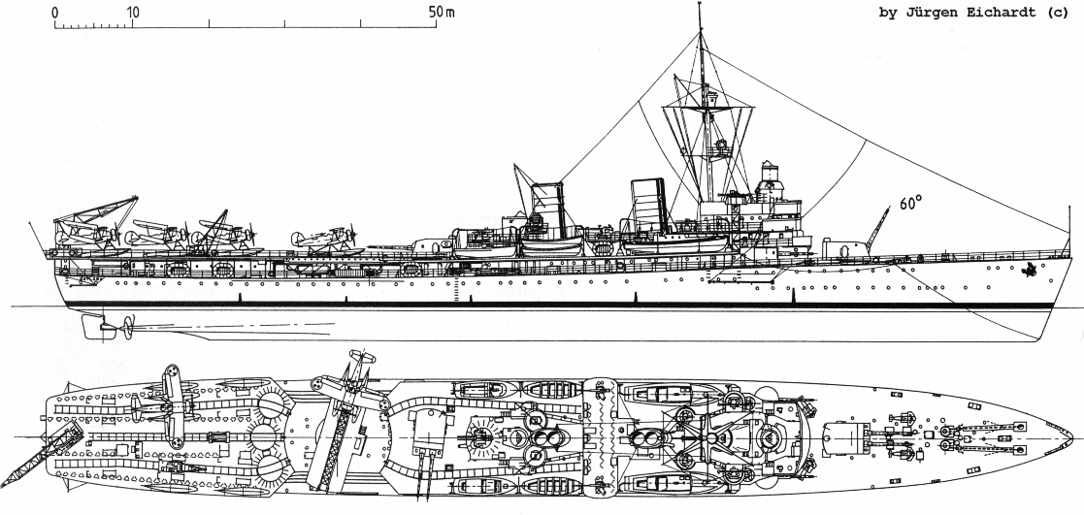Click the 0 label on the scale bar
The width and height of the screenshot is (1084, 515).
(x=55, y=13)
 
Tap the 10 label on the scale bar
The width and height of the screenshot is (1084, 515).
(x=132, y=13)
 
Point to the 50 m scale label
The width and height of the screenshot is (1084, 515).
(x=442, y=13)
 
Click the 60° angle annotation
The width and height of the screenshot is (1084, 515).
(x=911, y=203)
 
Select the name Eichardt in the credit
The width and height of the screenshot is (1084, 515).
(x=1003, y=14)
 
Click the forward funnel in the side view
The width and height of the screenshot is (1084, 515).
(x=647, y=206)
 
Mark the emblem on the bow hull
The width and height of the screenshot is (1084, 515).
(x=1030, y=271)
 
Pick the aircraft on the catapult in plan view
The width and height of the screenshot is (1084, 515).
(x=350, y=388)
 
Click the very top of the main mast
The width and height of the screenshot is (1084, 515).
(x=700, y=4)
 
